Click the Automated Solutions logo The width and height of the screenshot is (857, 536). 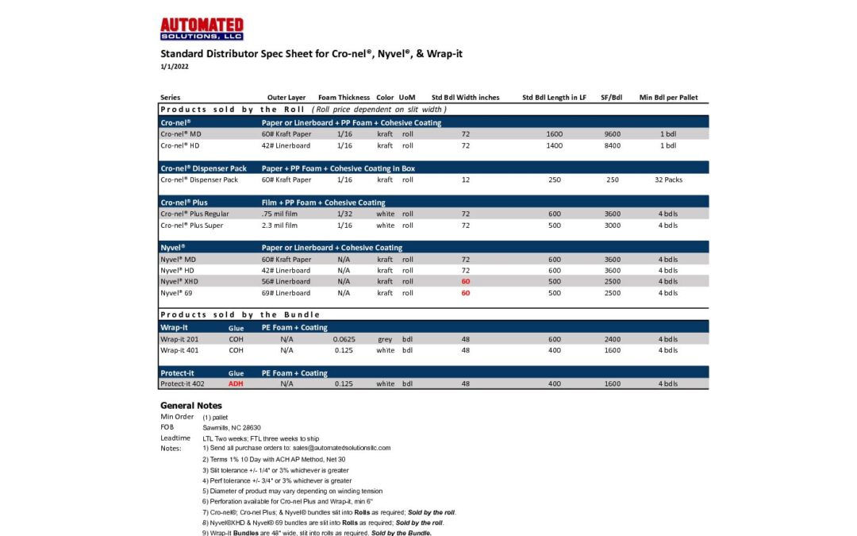pos(202,29)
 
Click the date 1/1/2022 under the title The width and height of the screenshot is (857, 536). pos(175,67)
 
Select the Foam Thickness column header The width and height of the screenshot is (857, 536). pos(344,98)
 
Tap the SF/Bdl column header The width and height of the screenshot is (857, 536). pos(612,98)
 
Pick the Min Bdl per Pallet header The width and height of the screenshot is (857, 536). pos(668,98)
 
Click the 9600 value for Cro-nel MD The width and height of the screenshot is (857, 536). pos(612,134)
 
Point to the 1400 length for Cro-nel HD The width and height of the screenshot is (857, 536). pos(554,145)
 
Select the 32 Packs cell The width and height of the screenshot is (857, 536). pos(668,179)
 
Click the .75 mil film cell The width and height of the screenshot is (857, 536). pos(279,214)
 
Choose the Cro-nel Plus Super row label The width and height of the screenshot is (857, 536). pos(191,226)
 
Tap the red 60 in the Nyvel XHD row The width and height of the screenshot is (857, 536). pos(466,281)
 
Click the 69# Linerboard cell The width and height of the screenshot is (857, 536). pos(286,293)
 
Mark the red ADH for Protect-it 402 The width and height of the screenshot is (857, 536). pos(236,384)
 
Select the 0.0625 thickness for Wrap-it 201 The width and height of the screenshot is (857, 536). pos(344,339)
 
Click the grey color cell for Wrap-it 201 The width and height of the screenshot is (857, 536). pos(385,339)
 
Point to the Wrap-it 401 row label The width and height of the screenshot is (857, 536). pos(179,350)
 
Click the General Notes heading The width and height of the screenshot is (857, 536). pos(191,405)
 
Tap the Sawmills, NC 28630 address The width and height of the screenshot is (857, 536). pos(231,427)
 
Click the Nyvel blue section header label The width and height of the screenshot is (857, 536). pos(173,248)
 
